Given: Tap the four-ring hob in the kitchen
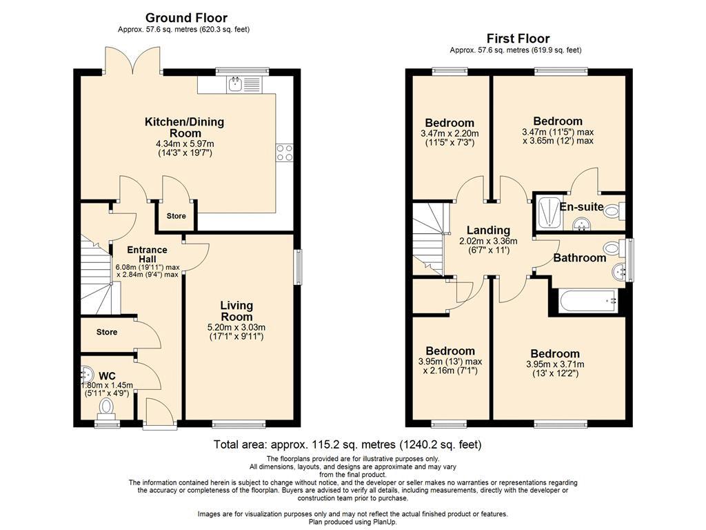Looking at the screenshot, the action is click(x=285, y=153).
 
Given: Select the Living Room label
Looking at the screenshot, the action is click(x=236, y=311).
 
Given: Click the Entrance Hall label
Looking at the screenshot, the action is click(x=148, y=254).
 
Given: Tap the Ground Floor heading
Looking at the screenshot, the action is click(x=186, y=18).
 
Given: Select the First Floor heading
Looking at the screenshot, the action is click(x=518, y=39).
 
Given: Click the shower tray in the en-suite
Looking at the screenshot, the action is click(x=549, y=212).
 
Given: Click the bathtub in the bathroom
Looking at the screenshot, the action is click(x=587, y=301).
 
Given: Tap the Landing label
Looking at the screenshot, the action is click(x=488, y=230).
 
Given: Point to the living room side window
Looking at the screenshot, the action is click(x=298, y=267).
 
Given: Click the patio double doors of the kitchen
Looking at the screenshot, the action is click(x=133, y=60).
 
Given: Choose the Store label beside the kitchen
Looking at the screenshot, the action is click(x=176, y=216).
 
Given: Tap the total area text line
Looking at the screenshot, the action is click(x=347, y=445).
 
